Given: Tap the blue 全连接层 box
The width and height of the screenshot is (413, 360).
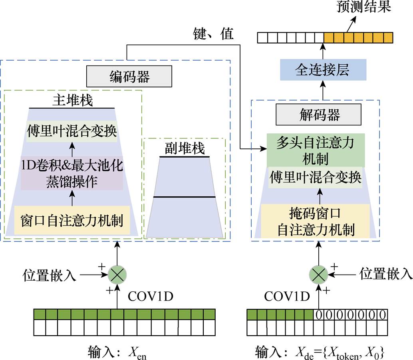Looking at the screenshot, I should (x=323, y=70).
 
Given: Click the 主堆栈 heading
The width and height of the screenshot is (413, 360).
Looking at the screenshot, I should (x=72, y=100).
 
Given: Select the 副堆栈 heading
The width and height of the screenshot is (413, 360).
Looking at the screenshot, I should (x=185, y=148).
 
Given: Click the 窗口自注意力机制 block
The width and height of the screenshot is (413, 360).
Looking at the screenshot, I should (x=72, y=220).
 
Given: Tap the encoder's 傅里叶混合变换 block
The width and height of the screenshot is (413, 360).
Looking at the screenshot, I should (x=72, y=131).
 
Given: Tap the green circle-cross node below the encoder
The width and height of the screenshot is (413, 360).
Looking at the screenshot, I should (x=117, y=274).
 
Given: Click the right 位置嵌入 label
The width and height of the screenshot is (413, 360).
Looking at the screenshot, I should (x=386, y=274).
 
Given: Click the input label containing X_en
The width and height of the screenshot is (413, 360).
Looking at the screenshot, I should (x=117, y=352).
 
